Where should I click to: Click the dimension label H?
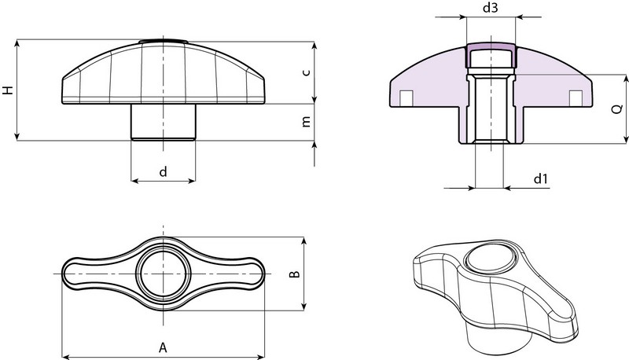coord(8,90)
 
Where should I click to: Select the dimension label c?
coord(307,72)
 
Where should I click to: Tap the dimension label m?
coord(307,122)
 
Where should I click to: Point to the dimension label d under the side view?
coord(163,171)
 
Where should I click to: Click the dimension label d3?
coord(490,7)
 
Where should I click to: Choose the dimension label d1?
coord(540,178)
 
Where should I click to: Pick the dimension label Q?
coord(618,108)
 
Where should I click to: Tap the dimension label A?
coord(163,347)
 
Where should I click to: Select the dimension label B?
coord(294,274)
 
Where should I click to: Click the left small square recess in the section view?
coord(406,97)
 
